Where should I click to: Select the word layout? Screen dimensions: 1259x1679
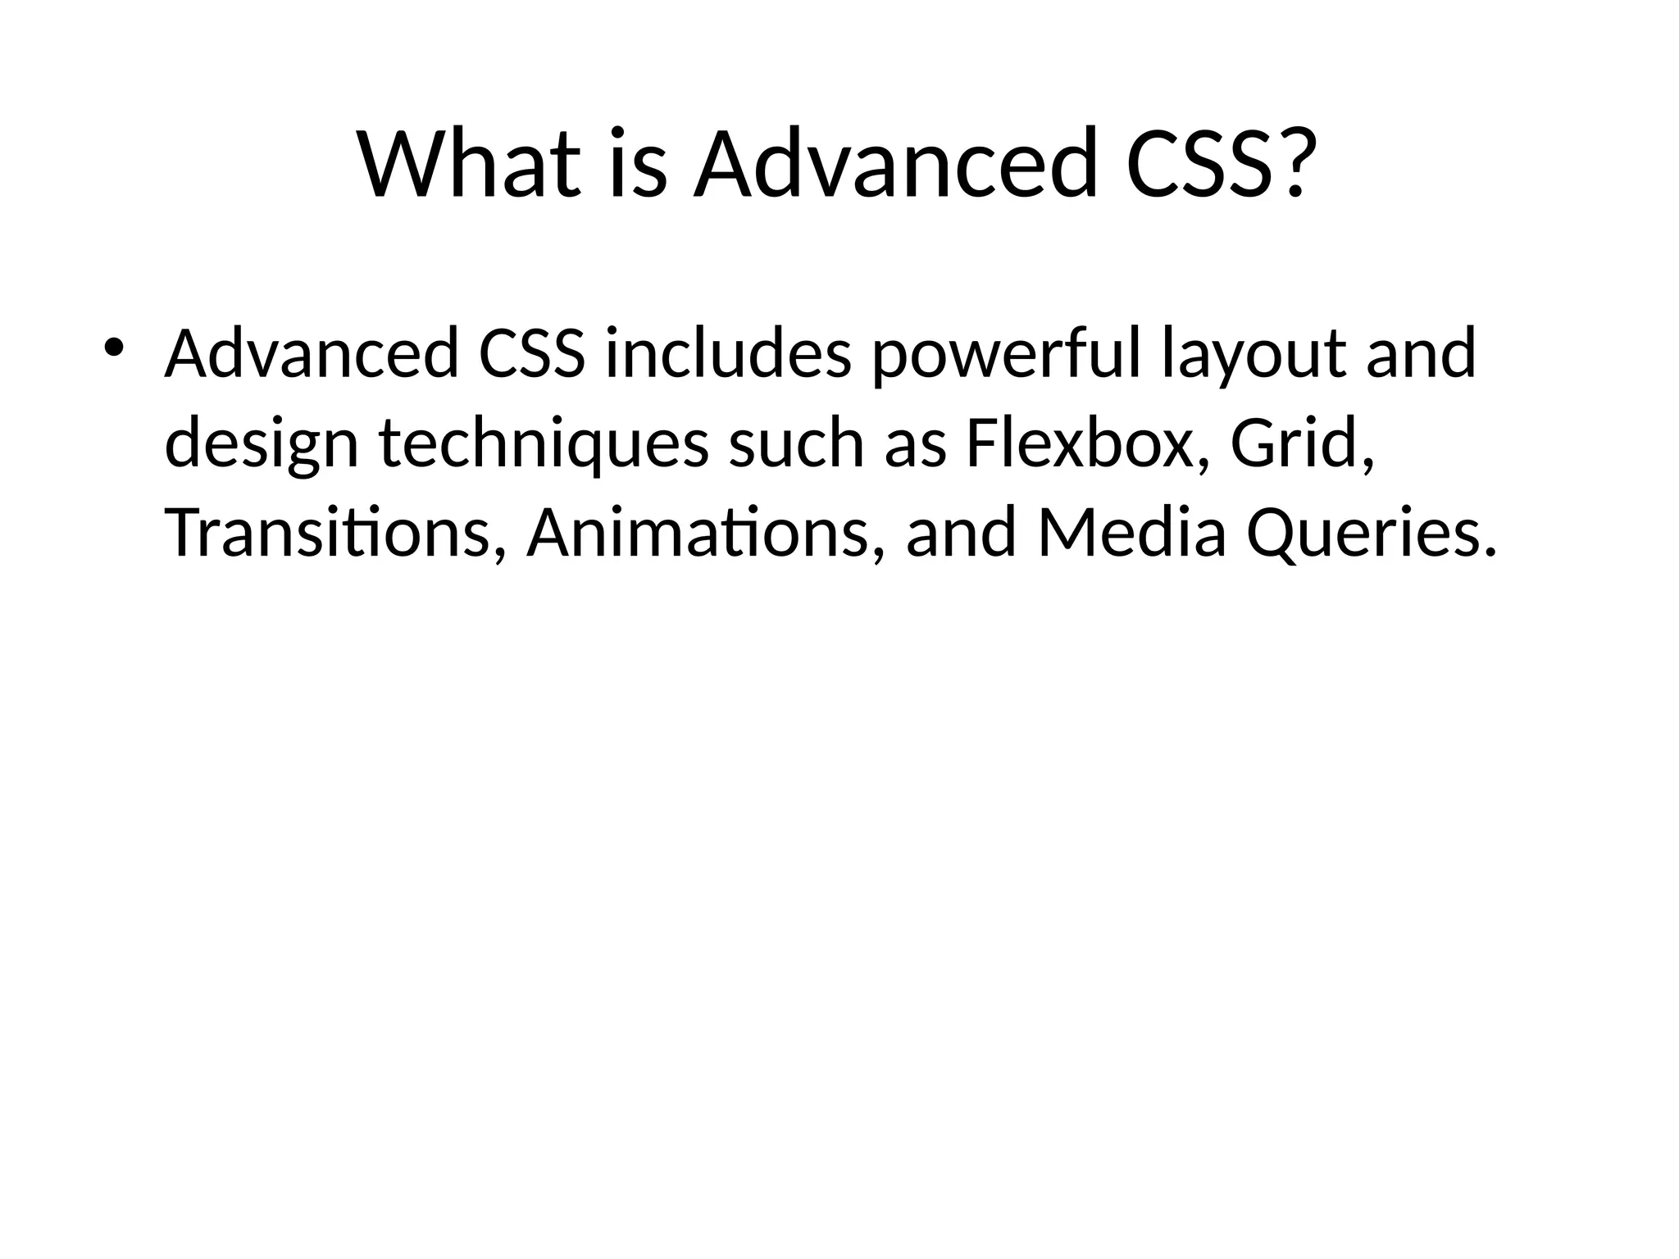pos(1254,354)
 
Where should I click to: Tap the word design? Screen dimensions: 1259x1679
pos(262,444)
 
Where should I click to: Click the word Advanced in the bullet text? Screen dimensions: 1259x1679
pos(312,354)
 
